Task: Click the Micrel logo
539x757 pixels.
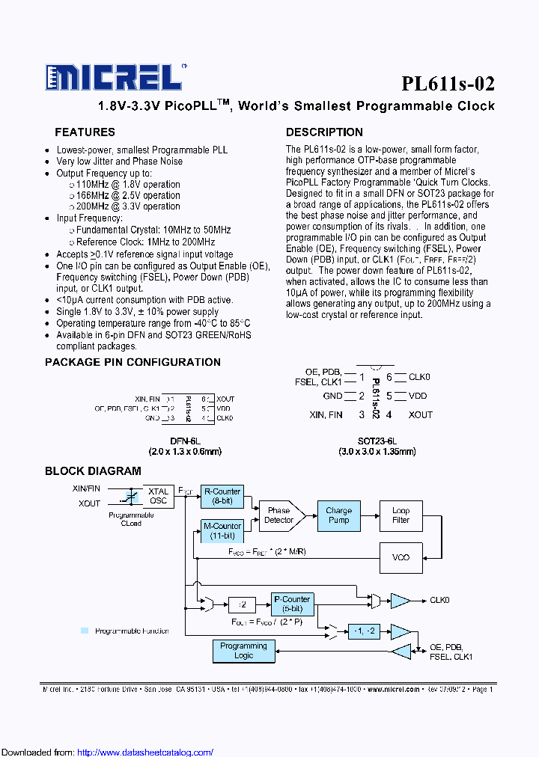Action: pos(112,77)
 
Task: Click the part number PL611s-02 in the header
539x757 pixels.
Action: pos(448,83)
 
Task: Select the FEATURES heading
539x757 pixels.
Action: pos(85,132)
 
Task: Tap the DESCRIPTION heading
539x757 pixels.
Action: pos(324,132)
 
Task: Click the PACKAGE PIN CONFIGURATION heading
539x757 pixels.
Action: pos(133,362)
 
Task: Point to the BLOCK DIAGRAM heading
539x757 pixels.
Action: pos(93,471)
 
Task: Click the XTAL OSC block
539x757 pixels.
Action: pos(158,496)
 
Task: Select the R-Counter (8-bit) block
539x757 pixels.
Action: pos(222,497)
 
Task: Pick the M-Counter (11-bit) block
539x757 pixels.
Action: pos(222,531)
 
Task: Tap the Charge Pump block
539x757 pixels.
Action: pos(338,515)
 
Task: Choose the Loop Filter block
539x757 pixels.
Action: pos(401,515)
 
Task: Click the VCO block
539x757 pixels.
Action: pos(401,557)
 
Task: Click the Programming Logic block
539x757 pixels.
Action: pos(243,651)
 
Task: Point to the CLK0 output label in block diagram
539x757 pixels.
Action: pos(440,600)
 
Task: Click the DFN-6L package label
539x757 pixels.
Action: pos(184,441)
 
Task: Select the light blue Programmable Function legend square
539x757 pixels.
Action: pos(85,631)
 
